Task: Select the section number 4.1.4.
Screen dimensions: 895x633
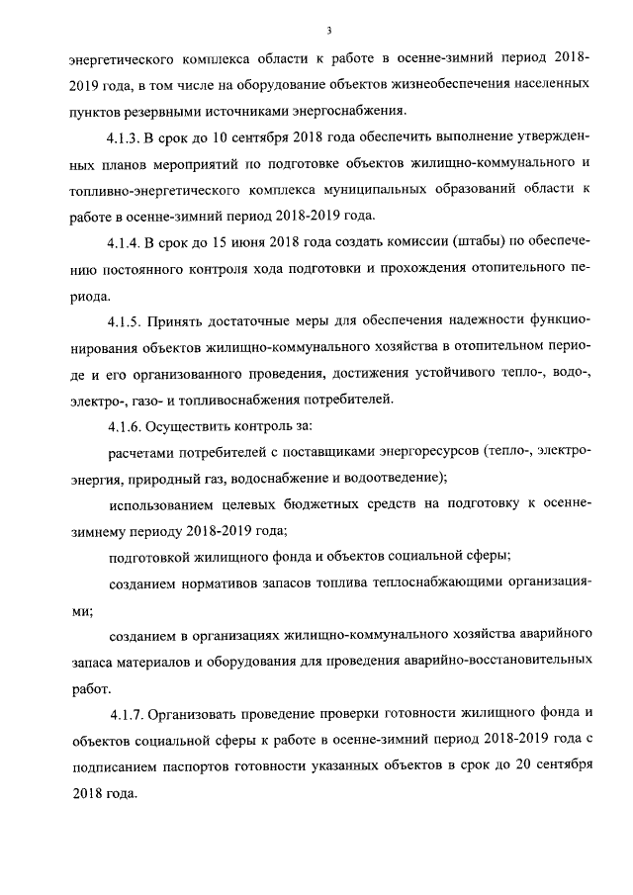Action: click(129, 240)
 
